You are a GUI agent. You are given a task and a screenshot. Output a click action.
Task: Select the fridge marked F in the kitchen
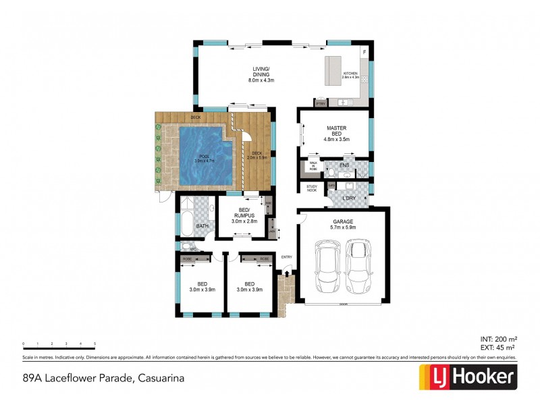pos(364,52)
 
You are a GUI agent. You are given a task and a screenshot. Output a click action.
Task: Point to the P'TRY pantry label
pos(321,103)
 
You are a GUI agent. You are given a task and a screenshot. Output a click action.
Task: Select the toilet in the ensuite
pos(331,173)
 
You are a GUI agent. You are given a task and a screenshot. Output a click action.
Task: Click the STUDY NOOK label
pos(312,188)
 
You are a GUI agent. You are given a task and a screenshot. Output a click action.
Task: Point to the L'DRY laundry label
pos(348,198)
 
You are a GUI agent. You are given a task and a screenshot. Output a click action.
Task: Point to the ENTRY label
pos(287,256)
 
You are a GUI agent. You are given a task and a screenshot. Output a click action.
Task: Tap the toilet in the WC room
pos(182,249)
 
